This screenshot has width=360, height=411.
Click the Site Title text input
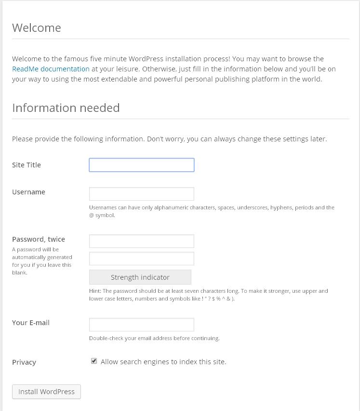(x=142, y=165)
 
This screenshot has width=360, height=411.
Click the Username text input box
(x=142, y=194)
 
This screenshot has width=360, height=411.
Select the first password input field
(x=142, y=241)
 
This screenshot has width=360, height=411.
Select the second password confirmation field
(x=142, y=259)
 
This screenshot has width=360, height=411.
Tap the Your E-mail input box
(x=142, y=325)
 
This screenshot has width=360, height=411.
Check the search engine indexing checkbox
(x=94, y=361)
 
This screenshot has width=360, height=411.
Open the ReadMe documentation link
(x=51, y=69)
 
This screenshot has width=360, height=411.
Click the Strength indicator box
(x=140, y=277)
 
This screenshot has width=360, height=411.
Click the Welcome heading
(x=37, y=28)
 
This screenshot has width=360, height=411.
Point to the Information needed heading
(x=66, y=108)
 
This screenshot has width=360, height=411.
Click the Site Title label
(x=27, y=165)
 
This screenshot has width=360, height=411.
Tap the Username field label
(x=28, y=192)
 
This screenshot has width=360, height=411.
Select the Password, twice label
(x=39, y=239)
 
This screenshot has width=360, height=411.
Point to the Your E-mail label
(x=31, y=323)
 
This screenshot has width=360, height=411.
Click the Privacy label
(x=24, y=362)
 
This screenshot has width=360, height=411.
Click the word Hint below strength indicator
(x=94, y=291)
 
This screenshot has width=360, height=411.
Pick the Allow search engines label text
(x=163, y=362)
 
